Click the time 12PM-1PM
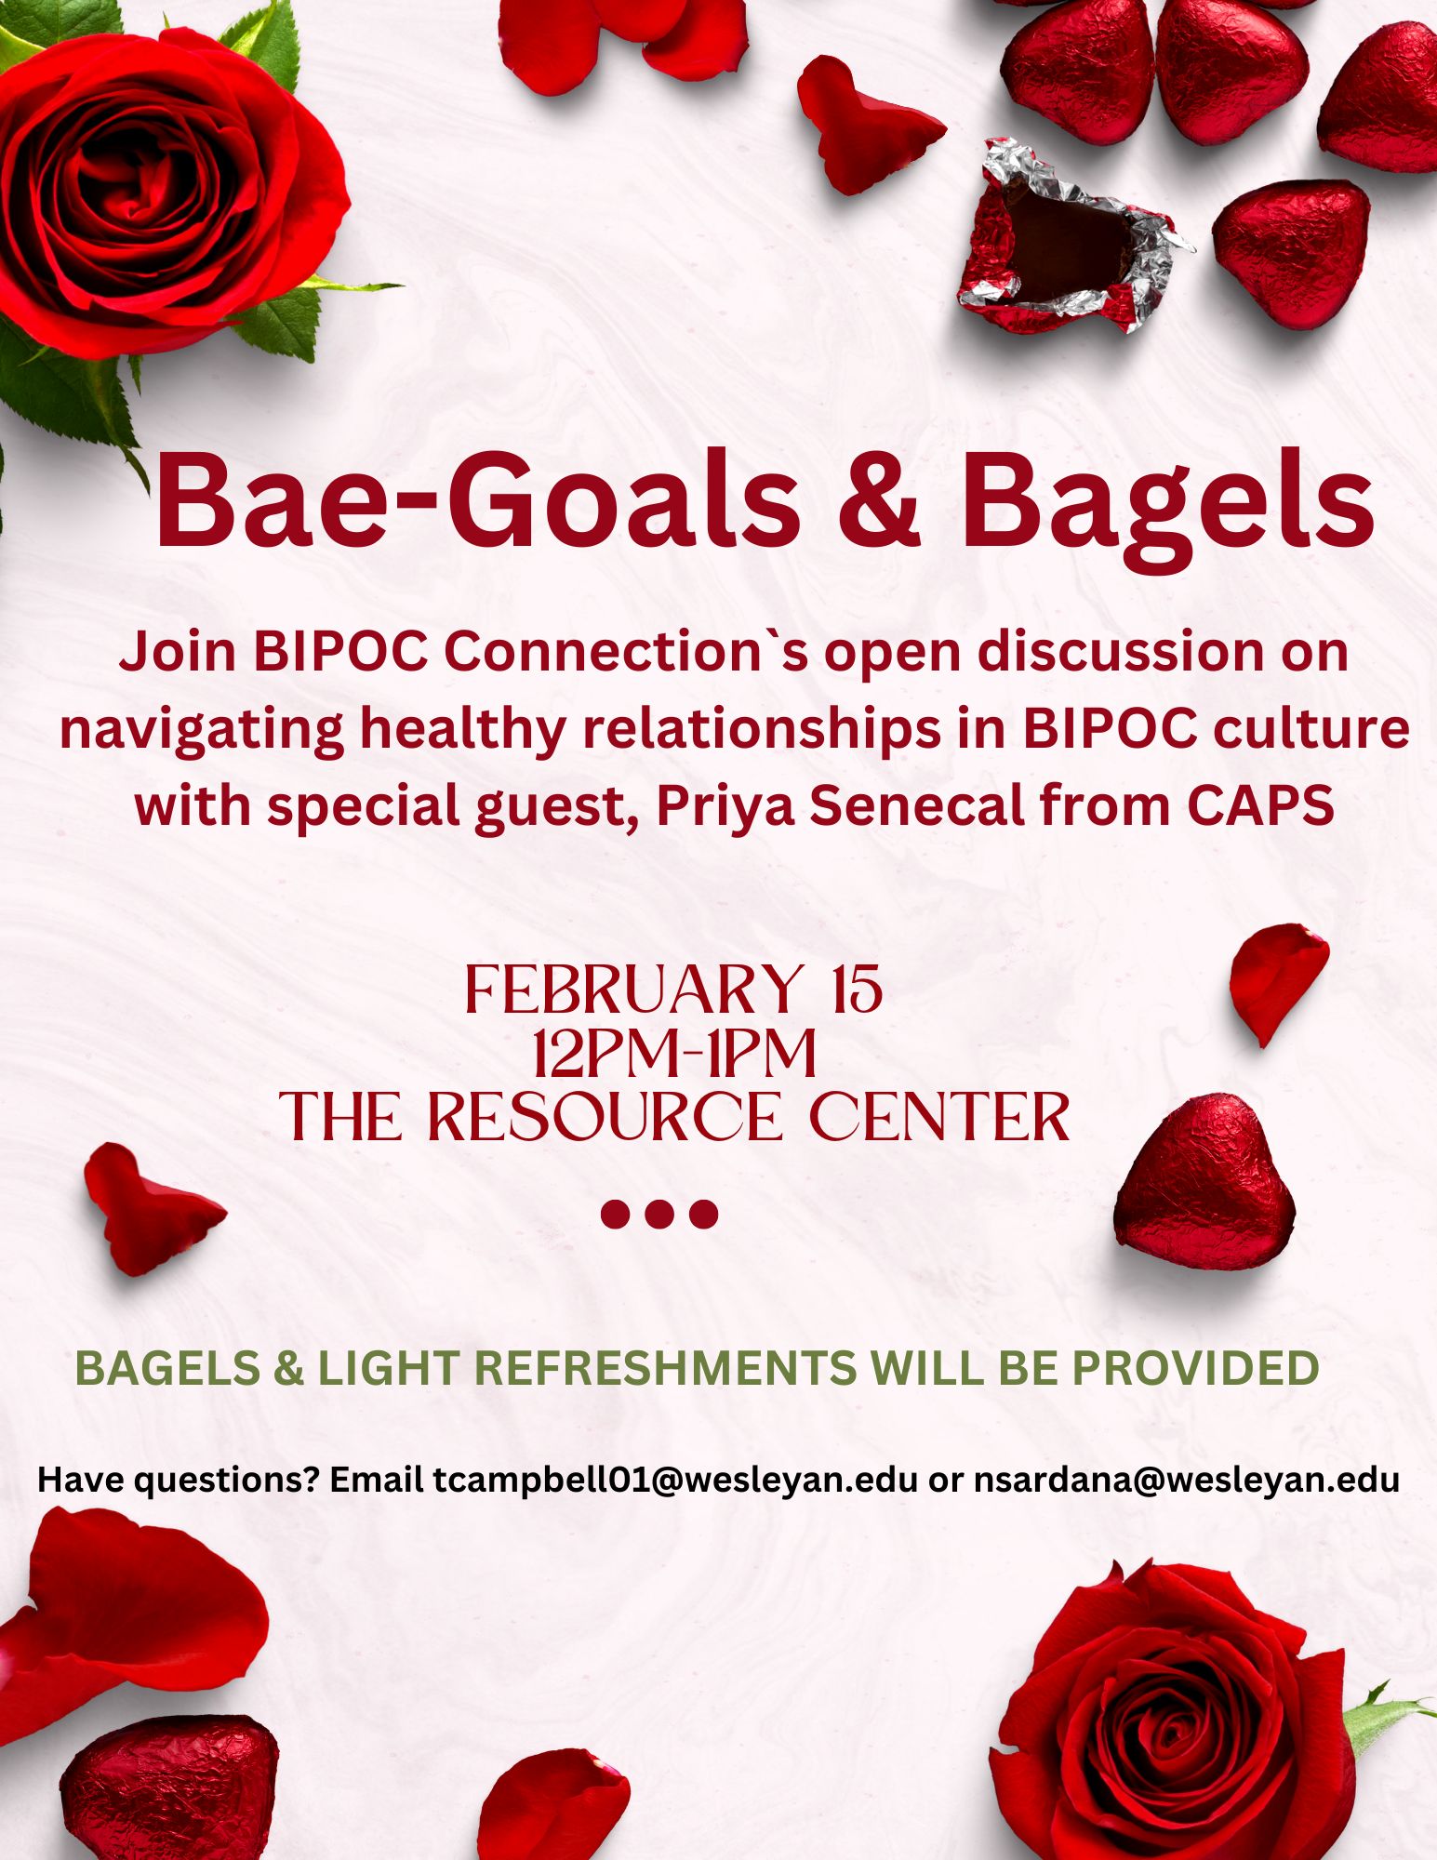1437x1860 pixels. click(x=673, y=1053)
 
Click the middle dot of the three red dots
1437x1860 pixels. click(x=659, y=1215)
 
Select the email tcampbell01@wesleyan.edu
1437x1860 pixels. click(x=675, y=1479)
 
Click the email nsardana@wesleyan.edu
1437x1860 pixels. click(x=1187, y=1479)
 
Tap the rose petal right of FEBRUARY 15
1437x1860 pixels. click(x=1278, y=982)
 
